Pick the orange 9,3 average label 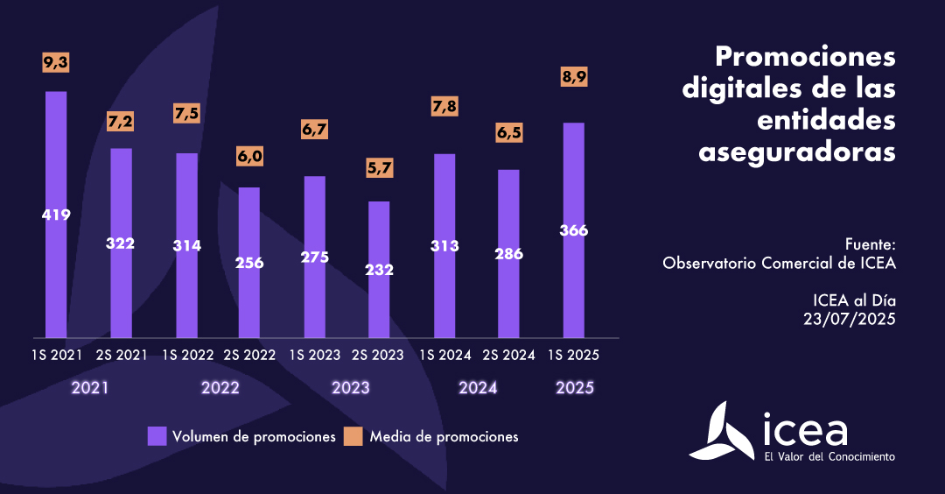55,62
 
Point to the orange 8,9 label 574,77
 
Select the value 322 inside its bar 120,243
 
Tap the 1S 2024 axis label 444,355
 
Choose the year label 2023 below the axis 350,388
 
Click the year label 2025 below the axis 575,388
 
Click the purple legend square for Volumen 157,436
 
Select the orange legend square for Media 353,436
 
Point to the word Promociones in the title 805,58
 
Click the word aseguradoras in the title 797,151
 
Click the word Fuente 871,243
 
